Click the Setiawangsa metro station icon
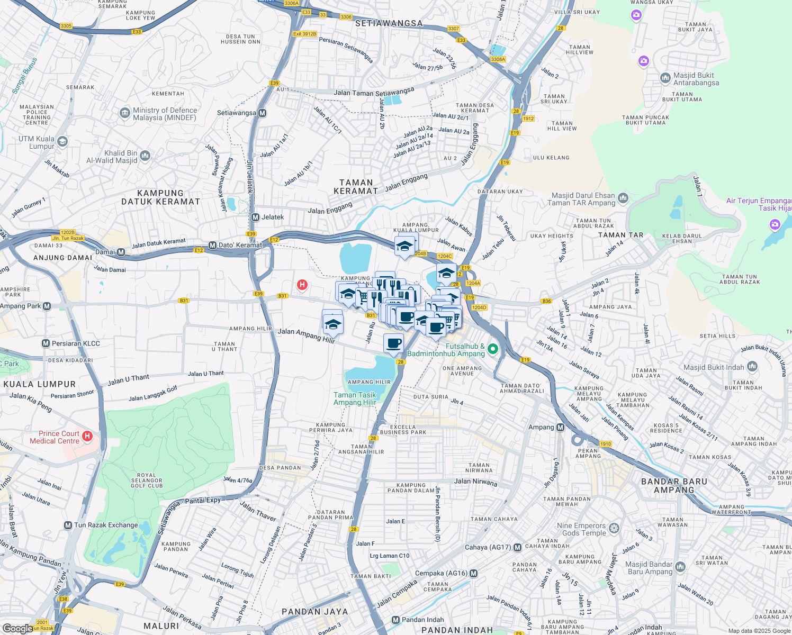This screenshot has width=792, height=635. [x=263, y=113]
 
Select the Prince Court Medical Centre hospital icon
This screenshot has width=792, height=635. [x=88, y=437]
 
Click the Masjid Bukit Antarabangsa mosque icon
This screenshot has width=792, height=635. [x=665, y=78]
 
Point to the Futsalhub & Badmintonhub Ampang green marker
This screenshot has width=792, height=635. [x=493, y=348]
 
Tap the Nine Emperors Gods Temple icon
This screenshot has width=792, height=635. [x=614, y=528]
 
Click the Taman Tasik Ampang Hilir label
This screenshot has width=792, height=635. [x=355, y=398]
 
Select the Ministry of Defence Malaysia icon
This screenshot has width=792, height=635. [x=124, y=113]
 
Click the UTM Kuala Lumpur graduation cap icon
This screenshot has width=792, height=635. [x=62, y=141]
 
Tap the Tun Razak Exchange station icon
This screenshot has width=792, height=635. [x=68, y=525]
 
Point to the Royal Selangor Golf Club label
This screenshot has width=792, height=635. [x=147, y=480]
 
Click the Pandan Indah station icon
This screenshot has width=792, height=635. [x=395, y=620]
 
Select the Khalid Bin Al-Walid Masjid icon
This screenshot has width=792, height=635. [x=145, y=156]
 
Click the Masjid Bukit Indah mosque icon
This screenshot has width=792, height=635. [x=752, y=366]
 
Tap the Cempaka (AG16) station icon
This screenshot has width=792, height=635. [x=473, y=573]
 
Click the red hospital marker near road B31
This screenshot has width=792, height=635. [x=302, y=285]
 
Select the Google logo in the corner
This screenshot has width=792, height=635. [x=17, y=628]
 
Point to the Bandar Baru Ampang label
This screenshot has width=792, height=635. [x=673, y=485]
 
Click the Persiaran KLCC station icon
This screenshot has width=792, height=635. [x=46, y=343]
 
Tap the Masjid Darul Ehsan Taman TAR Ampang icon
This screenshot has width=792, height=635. [x=623, y=198]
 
